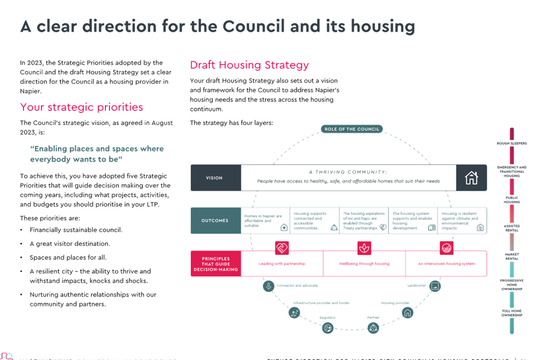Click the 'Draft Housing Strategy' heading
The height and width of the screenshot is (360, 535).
click(x=249, y=65)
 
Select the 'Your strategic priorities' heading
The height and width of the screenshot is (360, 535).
click(x=81, y=107)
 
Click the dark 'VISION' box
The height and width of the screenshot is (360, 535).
click(x=214, y=178)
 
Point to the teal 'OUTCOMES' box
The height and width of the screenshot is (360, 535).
click(x=214, y=220)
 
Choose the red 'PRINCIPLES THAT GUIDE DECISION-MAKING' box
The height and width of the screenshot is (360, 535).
click(x=214, y=264)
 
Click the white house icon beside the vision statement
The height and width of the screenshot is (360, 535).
click(x=471, y=178)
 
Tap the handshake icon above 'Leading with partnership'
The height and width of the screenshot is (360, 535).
click(x=282, y=247)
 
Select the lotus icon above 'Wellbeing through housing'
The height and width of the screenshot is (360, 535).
click(x=364, y=247)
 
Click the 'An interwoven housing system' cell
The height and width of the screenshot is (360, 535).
click(x=446, y=264)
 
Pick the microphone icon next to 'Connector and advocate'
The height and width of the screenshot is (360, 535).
click(x=269, y=285)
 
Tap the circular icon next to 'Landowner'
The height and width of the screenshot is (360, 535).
click(x=434, y=285)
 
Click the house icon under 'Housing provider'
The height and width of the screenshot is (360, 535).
click(x=407, y=312)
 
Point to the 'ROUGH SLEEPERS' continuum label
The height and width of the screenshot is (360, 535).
click(x=511, y=143)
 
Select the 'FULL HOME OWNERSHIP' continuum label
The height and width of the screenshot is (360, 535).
click(x=511, y=313)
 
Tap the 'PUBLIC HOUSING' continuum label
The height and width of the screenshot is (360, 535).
click(x=511, y=200)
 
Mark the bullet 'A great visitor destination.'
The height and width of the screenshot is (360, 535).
click(x=70, y=244)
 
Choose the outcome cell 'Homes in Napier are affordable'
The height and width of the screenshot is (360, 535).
click(x=265, y=220)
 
